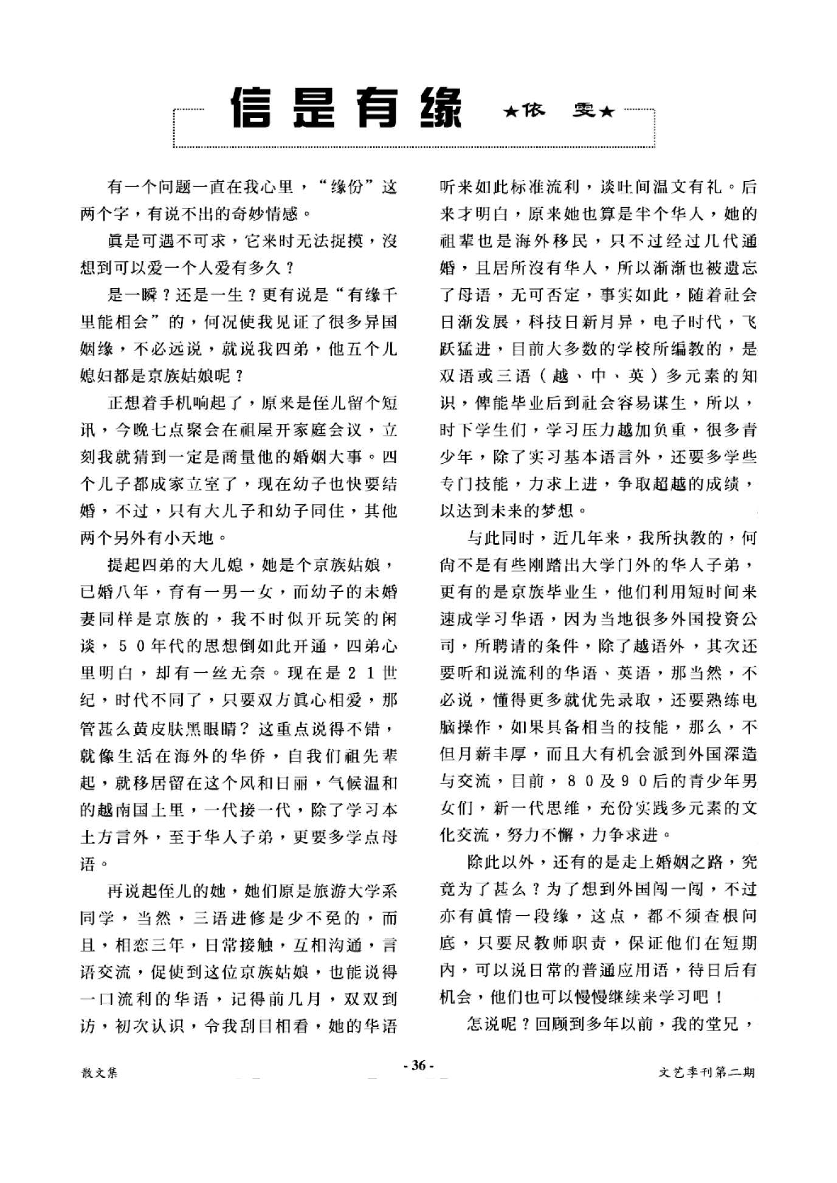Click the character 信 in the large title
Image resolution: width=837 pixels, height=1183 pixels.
click(x=250, y=108)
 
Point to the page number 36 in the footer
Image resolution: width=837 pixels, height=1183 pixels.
click(x=418, y=1065)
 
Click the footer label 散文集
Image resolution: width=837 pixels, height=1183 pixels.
click(x=99, y=1073)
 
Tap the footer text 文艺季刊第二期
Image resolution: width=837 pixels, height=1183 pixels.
click(x=706, y=1073)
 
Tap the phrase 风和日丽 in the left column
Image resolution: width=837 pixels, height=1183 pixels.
click(x=286, y=783)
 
